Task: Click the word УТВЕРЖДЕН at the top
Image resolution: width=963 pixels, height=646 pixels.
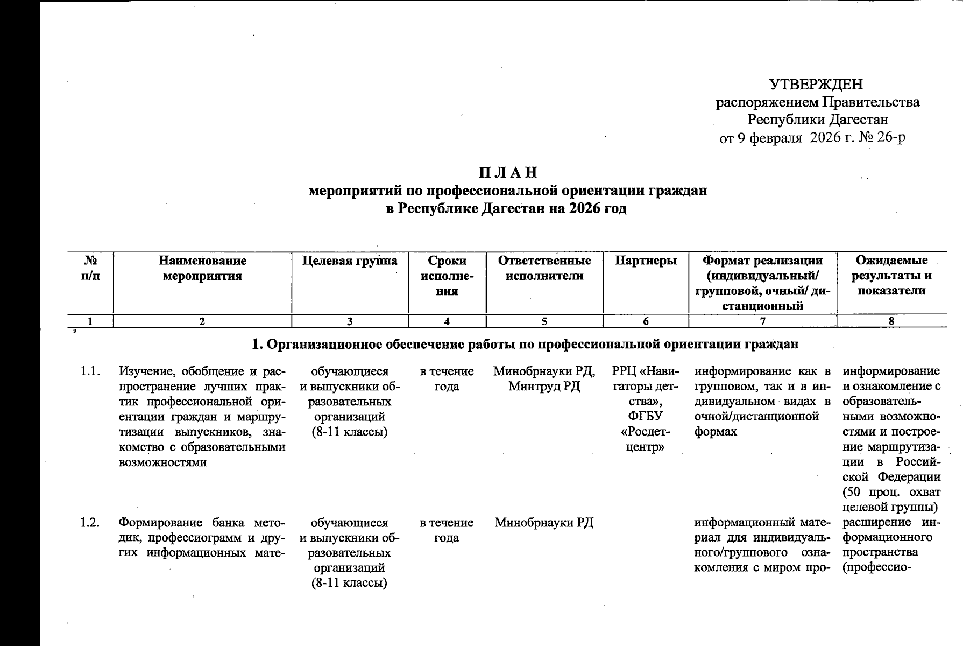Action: pyautogui.click(x=816, y=85)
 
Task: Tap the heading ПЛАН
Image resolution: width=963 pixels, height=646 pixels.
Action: pyautogui.click(x=508, y=173)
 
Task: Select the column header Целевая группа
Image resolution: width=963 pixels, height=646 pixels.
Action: pyautogui.click(x=350, y=261)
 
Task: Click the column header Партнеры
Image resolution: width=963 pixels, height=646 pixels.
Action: pyautogui.click(x=646, y=261)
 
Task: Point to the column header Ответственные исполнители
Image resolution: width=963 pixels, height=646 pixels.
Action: pyautogui.click(x=544, y=269)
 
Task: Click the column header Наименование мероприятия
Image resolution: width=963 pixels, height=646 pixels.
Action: pyautogui.click(x=202, y=269)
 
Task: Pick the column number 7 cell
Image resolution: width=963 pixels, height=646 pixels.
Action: pyautogui.click(x=762, y=321)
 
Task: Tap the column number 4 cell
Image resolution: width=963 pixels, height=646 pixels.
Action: pyautogui.click(x=447, y=321)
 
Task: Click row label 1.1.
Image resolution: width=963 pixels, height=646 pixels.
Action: pyautogui.click(x=90, y=371)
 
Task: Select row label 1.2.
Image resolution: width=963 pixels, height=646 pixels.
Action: pyautogui.click(x=90, y=523)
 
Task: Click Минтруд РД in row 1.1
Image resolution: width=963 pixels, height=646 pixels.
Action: pyautogui.click(x=544, y=387)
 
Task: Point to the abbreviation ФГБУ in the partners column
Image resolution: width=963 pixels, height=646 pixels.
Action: pyautogui.click(x=645, y=417)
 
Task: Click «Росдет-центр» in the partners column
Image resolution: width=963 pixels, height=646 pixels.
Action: pyautogui.click(x=645, y=439)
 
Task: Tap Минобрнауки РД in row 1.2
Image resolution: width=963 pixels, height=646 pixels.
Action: pyautogui.click(x=544, y=523)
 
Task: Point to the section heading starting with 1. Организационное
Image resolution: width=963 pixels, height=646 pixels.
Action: pyautogui.click(x=525, y=344)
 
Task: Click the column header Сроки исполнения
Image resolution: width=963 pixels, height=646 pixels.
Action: pyautogui.click(x=447, y=276)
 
